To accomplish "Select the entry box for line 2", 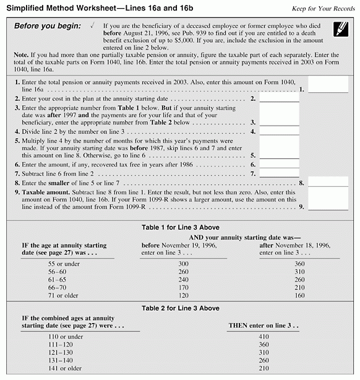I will point(279,97).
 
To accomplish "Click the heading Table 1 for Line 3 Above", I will point(179,227).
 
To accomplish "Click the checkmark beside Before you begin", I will point(91,25).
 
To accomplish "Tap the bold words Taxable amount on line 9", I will point(40,193).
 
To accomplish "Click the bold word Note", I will point(22,54).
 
